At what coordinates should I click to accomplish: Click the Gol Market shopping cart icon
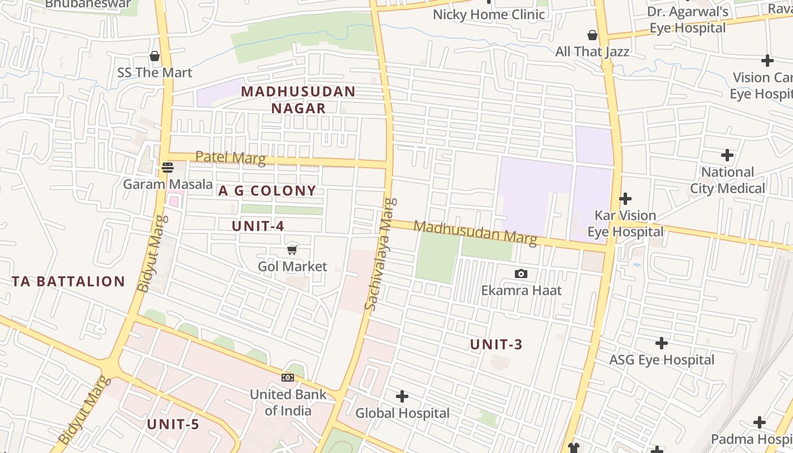pyautogui.click(x=292, y=249)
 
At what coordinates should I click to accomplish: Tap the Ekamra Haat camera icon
pyautogui.click(x=521, y=274)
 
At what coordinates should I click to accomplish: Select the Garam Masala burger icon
pyautogui.click(x=167, y=167)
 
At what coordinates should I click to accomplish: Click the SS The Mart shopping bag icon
pyautogui.click(x=155, y=56)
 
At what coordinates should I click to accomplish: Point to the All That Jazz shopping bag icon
pyautogui.click(x=592, y=35)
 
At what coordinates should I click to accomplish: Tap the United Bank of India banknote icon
pyautogui.click(x=288, y=378)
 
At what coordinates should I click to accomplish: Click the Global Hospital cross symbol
pyautogui.click(x=402, y=396)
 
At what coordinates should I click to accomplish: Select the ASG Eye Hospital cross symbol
pyautogui.click(x=661, y=343)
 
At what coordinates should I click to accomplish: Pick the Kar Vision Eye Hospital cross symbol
pyautogui.click(x=625, y=199)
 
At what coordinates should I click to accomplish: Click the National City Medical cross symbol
pyautogui.click(x=727, y=155)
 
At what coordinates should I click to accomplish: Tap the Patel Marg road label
pyautogui.click(x=231, y=157)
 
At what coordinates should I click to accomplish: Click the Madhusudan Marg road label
pyautogui.click(x=475, y=233)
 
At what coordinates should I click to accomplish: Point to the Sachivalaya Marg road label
pyautogui.click(x=380, y=254)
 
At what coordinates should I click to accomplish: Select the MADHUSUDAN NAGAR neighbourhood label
pyautogui.click(x=299, y=100)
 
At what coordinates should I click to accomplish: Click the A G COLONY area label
pyautogui.click(x=267, y=191)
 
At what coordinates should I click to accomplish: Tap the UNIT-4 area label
pyautogui.click(x=258, y=226)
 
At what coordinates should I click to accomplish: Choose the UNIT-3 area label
pyautogui.click(x=496, y=344)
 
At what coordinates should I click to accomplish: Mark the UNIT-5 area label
pyautogui.click(x=173, y=424)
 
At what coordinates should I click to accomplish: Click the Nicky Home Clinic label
pyautogui.click(x=488, y=14)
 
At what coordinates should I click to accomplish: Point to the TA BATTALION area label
pyautogui.click(x=69, y=281)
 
